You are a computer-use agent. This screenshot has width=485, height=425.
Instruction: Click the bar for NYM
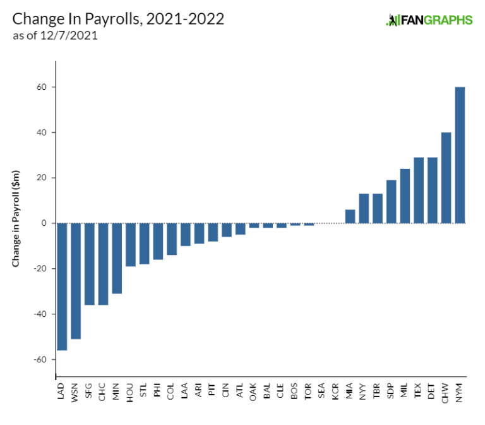pyautogui.click(x=460, y=155)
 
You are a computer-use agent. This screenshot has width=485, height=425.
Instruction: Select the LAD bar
pyautogui.click(x=62, y=286)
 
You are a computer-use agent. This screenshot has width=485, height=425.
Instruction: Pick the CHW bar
pyautogui.click(x=446, y=178)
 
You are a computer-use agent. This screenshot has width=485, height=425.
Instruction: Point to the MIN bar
pyautogui.click(x=117, y=258)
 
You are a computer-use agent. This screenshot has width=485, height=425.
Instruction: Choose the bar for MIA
pyautogui.click(x=350, y=216)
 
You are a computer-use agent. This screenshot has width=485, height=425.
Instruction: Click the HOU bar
pyautogui.click(x=131, y=245)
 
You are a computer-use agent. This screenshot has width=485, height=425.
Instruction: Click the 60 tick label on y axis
pyautogui.click(x=42, y=87)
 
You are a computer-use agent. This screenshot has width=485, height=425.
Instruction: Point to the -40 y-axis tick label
pyautogui.click(x=40, y=314)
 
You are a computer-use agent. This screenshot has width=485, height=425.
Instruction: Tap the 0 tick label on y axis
pyautogui.click(x=44, y=223)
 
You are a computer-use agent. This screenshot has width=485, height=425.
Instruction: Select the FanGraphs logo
pyautogui.click(x=429, y=20)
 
